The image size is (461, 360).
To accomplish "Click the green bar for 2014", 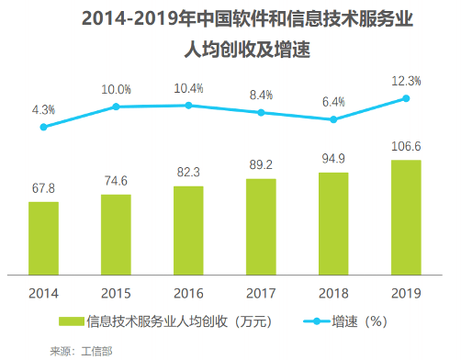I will (43, 238).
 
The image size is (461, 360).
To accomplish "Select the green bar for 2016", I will (188, 230).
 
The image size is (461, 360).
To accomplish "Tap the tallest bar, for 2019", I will (406, 217).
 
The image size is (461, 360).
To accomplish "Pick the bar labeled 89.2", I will (261, 226).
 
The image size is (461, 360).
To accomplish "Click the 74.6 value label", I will (116, 181).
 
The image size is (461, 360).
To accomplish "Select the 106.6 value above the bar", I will (406, 146).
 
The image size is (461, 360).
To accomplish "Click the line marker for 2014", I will (43, 127).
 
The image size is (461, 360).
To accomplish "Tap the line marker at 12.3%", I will (406, 99).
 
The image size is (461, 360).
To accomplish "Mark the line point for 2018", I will (333, 119).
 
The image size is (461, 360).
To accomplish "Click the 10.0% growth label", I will (116, 88).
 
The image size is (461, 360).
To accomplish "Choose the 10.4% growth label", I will (188, 87).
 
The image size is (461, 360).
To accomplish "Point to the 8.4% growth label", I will (261, 94).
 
